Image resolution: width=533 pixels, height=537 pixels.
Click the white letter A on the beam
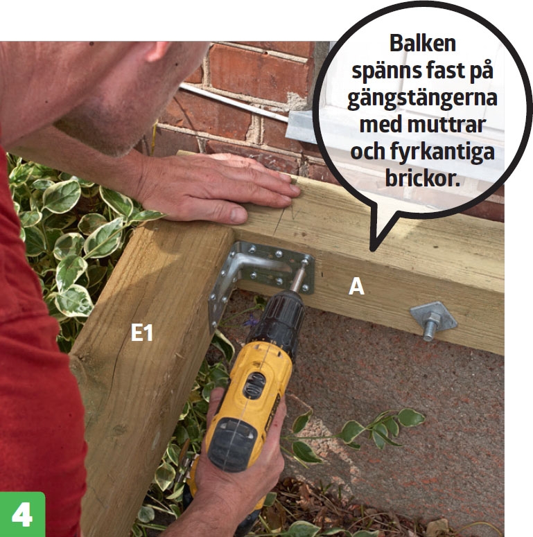356,286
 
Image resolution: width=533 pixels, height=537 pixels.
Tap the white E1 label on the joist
142,332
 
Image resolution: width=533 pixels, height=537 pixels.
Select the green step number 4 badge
22,514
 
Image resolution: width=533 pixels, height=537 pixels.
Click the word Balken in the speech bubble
423,43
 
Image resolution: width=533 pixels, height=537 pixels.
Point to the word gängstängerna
422,98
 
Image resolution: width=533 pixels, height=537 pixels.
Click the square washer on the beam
433,317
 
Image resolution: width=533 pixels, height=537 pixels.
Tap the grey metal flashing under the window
302,126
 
